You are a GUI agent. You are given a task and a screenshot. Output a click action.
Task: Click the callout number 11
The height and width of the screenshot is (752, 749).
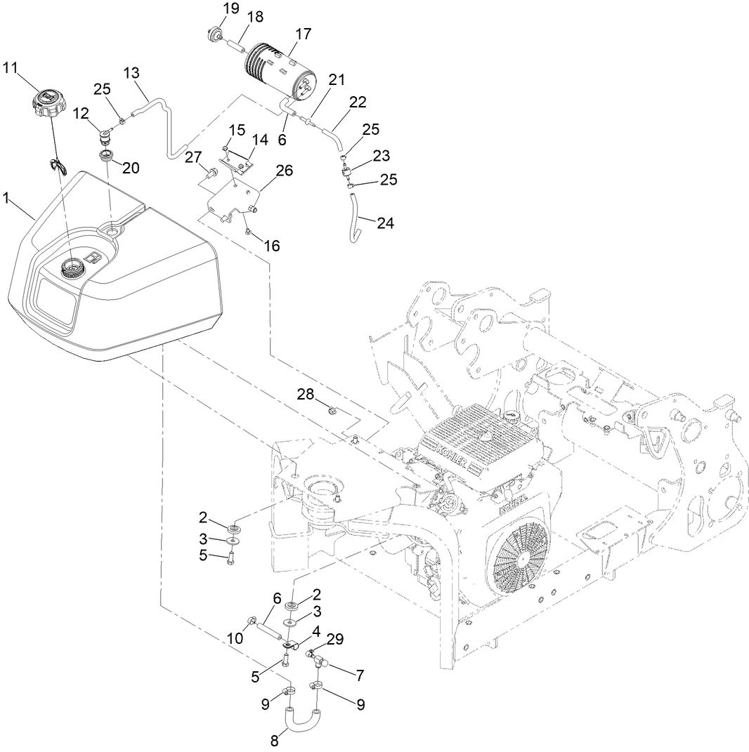pos(10,68)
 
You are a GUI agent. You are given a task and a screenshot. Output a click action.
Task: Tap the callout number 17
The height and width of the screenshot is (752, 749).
pos(304,34)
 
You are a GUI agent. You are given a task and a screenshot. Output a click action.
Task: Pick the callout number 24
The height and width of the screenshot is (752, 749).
pos(385,223)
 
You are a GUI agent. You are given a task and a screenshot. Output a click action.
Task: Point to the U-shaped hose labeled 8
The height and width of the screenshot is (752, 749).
pos(302,719)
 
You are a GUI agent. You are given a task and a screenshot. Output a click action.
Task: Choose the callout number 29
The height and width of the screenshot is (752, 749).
pos(336,638)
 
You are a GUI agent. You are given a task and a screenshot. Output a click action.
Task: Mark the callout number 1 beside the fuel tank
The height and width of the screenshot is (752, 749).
pos(6,199)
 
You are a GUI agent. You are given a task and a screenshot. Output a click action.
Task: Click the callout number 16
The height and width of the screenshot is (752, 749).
pos(271,246)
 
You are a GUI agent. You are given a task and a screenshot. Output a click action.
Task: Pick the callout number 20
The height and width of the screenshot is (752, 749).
pos(131,168)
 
